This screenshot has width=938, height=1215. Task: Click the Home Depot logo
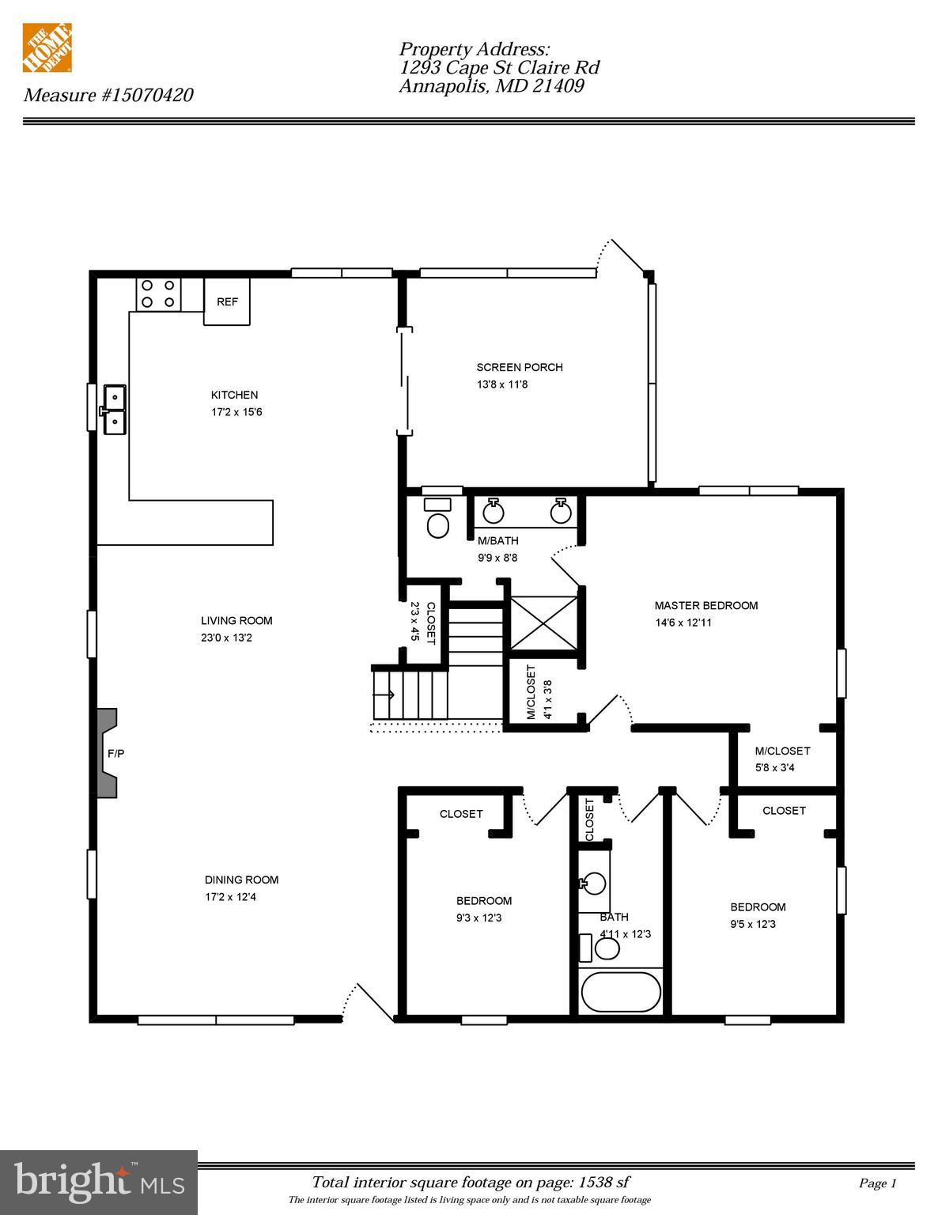47,47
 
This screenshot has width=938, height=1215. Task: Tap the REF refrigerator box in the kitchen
227,301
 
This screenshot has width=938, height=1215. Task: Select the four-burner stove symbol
158,293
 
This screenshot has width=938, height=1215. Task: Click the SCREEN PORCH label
520,367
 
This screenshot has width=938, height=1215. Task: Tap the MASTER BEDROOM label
705,605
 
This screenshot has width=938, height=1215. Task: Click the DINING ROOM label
241,880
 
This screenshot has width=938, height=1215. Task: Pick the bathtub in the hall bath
621,992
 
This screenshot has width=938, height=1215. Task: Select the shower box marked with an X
544,623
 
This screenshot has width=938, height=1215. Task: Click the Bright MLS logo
98,1183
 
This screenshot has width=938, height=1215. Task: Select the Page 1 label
877,1183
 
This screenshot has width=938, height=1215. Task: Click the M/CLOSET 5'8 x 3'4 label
782,759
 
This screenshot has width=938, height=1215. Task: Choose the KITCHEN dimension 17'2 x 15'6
236,412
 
